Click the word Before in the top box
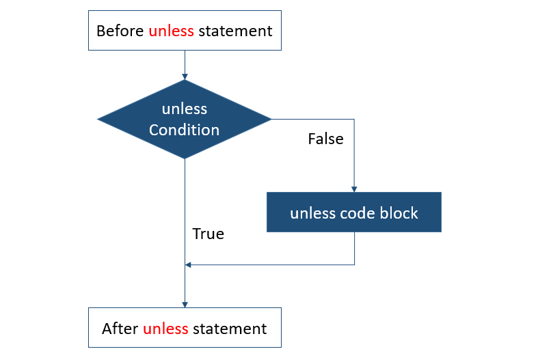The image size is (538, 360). point(120,31)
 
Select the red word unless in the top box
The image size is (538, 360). point(171,31)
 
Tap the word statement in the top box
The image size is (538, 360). point(235,31)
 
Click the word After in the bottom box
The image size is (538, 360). point(120,329)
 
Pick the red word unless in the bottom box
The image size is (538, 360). point(165,329)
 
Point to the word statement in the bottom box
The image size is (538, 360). point(230,329)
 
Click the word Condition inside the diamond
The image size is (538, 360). point(185,130)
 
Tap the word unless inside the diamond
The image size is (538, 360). point(185,109)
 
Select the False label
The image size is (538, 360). point(325,139)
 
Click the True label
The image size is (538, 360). point(209,234)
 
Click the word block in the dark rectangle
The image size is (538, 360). point(394,213)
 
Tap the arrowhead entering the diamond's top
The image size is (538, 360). point(185,77)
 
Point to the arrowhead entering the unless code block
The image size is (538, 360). point(354,189)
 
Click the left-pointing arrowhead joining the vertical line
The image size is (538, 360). point(188,264)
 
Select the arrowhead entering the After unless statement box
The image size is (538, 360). point(185,305)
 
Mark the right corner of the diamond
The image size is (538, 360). point(271,120)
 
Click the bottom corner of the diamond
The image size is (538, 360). point(185,158)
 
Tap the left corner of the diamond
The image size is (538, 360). point(98,120)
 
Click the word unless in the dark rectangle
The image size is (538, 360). point(312,213)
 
